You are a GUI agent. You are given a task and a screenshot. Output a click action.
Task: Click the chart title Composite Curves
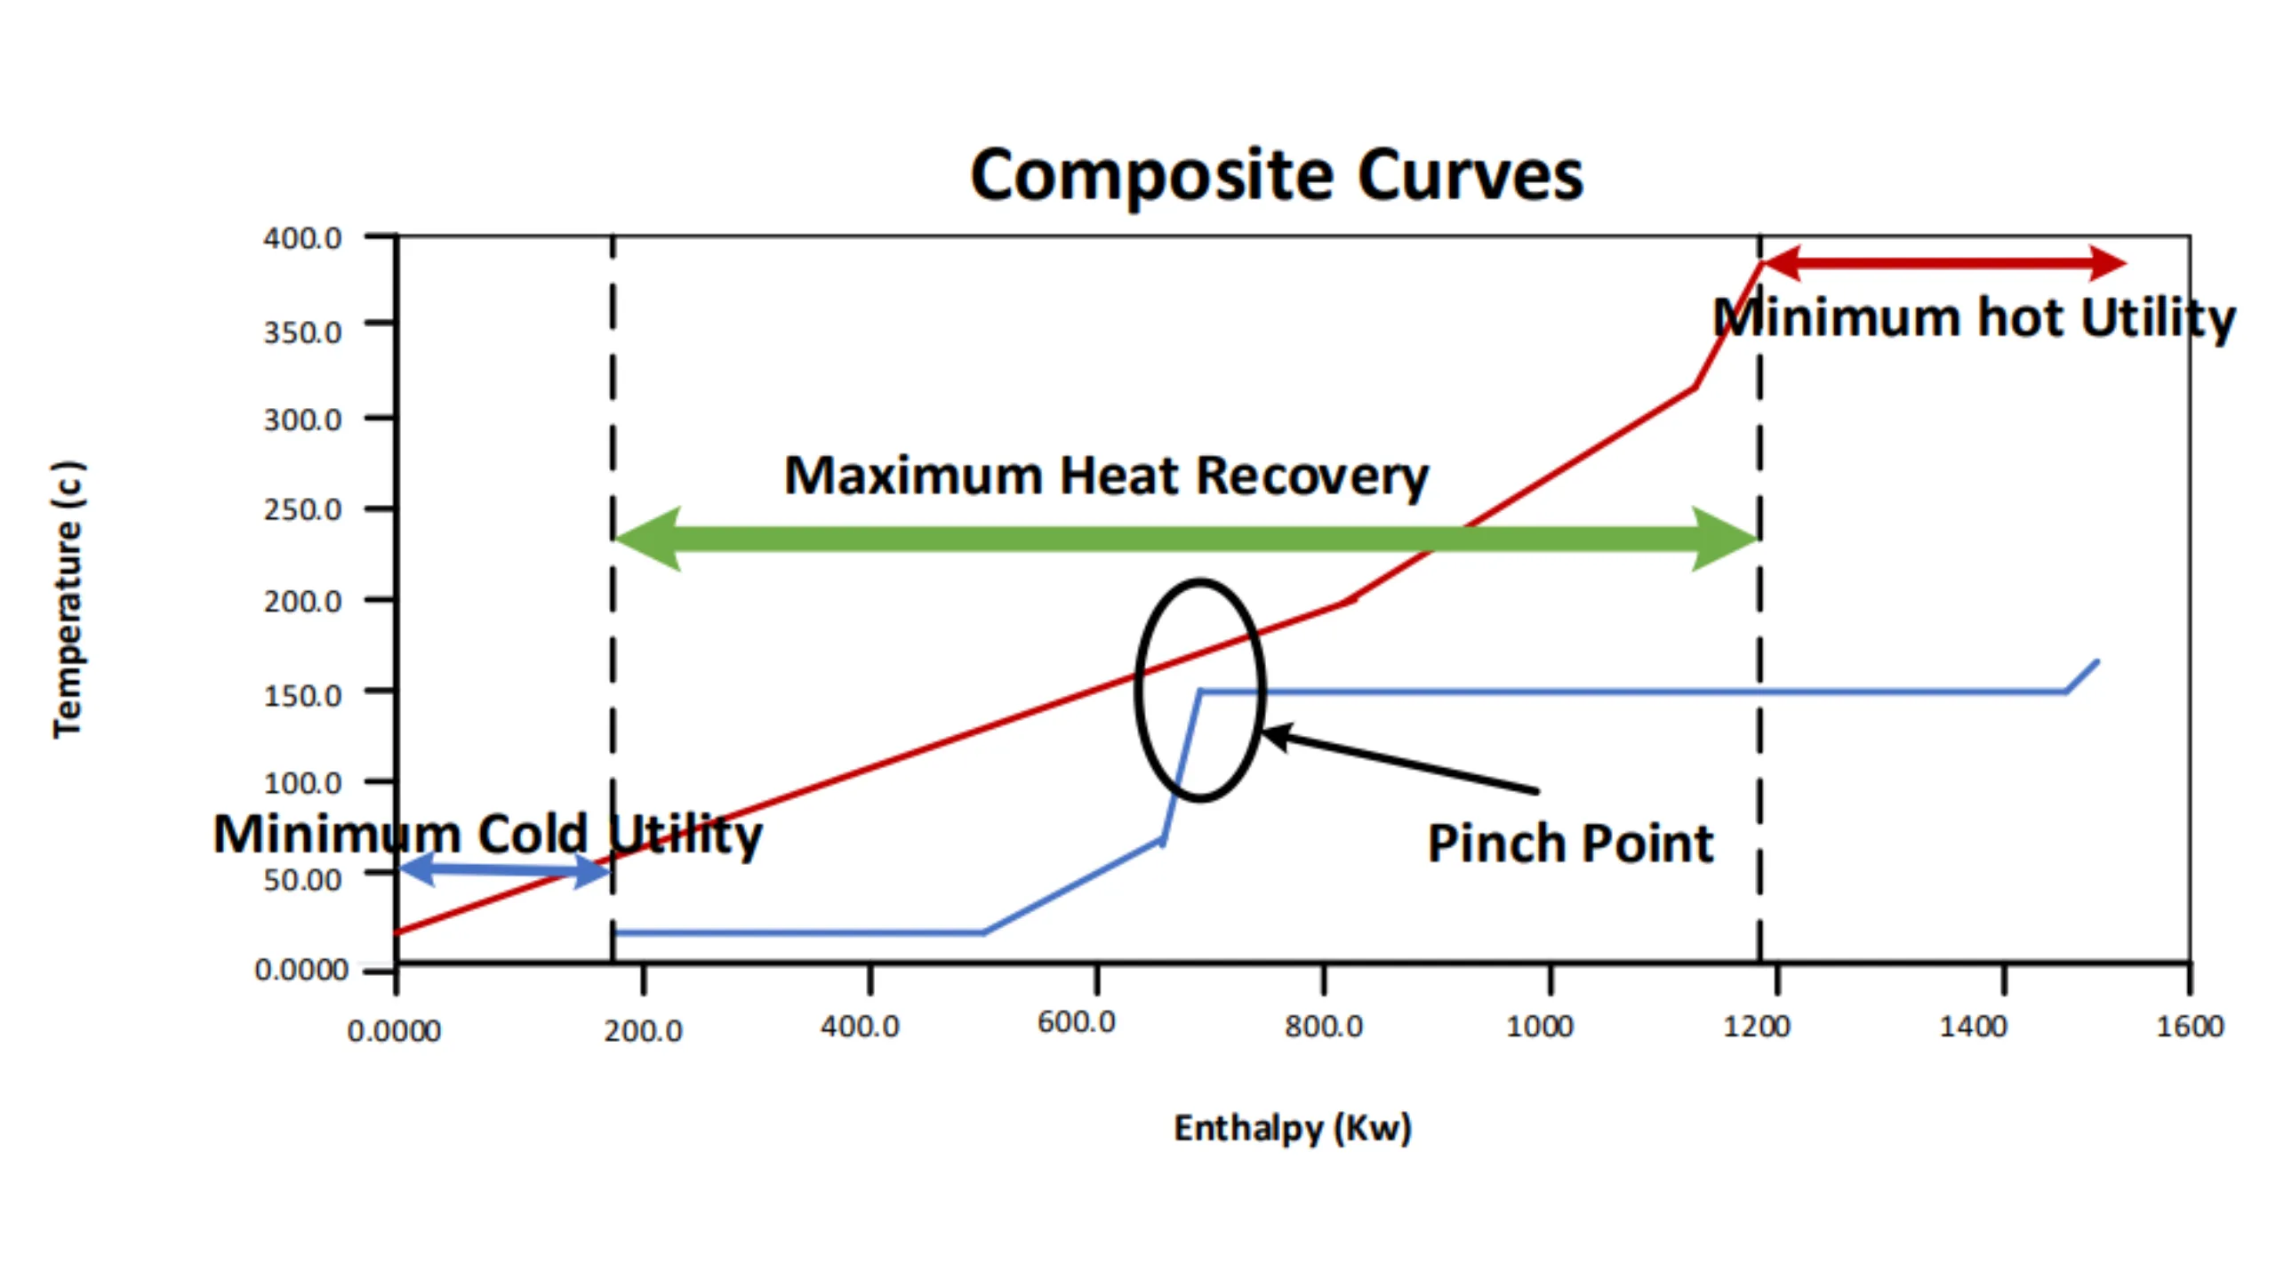(x=1276, y=175)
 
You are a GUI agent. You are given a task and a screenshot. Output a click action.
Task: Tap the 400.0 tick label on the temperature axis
(x=302, y=238)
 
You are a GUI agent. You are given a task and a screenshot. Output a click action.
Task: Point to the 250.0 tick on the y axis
(x=302, y=510)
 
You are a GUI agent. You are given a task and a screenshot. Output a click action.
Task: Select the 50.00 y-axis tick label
(x=302, y=880)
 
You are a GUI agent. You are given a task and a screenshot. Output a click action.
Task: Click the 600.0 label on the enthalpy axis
(x=1076, y=1022)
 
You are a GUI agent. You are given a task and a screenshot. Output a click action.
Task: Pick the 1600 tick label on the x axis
(x=2189, y=1027)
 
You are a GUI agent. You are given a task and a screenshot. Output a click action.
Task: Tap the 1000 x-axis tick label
(x=1539, y=1027)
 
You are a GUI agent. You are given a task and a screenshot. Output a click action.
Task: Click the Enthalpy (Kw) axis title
(x=1292, y=1128)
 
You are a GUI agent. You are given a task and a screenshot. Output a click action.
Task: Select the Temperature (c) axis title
(x=68, y=599)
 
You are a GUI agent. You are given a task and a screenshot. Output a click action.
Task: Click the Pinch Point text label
(x=1570, y=844)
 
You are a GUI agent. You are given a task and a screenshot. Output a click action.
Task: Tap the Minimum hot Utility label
(x=1974, y=318)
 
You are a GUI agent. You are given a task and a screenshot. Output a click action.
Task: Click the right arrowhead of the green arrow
(x=1725, y=539)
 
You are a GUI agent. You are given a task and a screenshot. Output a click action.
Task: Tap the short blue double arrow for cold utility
(x=505, y=869)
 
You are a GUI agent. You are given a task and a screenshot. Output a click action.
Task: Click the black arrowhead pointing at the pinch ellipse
(x=1277, y=736)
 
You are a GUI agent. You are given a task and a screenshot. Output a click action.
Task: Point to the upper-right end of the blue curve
(x=2096, y=662)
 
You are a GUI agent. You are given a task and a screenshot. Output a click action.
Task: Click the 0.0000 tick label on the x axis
(x=394, y=1031)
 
